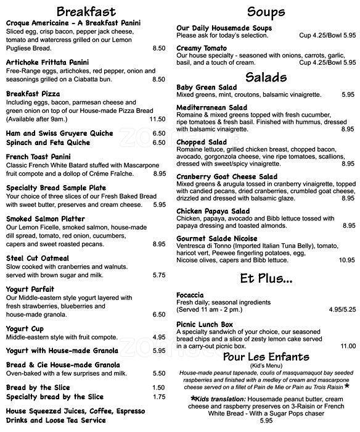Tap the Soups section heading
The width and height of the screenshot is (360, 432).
click(x=266, y=12)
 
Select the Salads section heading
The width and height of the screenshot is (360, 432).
click(x=266, y=77)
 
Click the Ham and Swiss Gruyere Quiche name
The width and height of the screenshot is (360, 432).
click(x=60, y=133)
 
